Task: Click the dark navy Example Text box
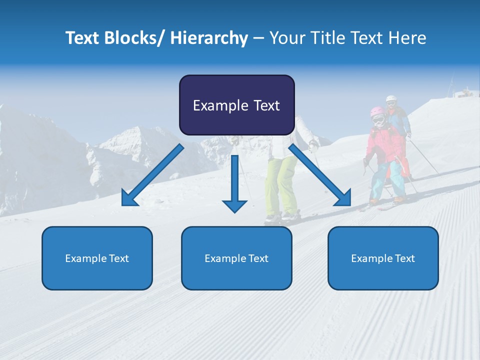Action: pos(236,105)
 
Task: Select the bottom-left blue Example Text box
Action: pos(97,258)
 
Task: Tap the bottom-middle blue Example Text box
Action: pos(236,258)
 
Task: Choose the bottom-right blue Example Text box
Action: pos(383,258)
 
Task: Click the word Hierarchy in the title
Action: pos(209,38)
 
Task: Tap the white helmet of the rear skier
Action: pos(391,100)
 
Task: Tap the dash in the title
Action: pos(258,38)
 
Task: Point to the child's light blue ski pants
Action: pos(395,177)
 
